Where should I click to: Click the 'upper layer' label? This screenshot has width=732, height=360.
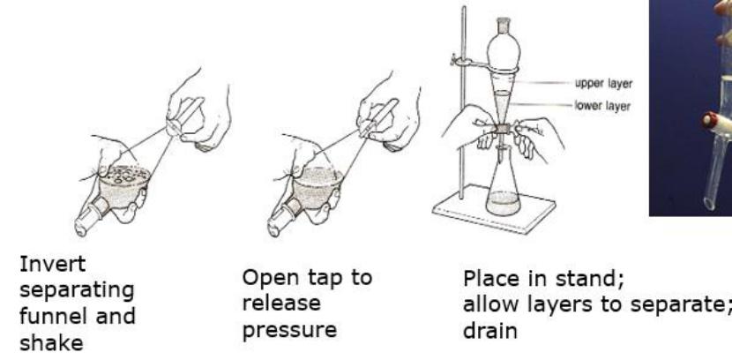coord(603,84)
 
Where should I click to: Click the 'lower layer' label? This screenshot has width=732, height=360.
coord(602,106)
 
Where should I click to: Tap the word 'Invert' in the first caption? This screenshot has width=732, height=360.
coord(52,264)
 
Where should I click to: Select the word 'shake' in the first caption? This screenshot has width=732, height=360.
coord(51,343)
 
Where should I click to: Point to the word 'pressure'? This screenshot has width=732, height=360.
coord(289,331)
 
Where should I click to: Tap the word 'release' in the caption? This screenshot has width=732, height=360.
coord(281,304)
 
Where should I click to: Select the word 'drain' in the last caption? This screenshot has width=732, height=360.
coord(490,331)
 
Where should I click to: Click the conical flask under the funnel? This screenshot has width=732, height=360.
coord(503,187)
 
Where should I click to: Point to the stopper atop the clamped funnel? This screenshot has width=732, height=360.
coord(503,26)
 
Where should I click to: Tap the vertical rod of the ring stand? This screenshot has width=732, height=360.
coord(463,102)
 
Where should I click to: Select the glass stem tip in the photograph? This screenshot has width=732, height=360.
coord(710,203)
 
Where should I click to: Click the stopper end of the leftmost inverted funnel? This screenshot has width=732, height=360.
coord(87,221)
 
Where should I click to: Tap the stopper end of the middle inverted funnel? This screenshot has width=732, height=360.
coord(280,221)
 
